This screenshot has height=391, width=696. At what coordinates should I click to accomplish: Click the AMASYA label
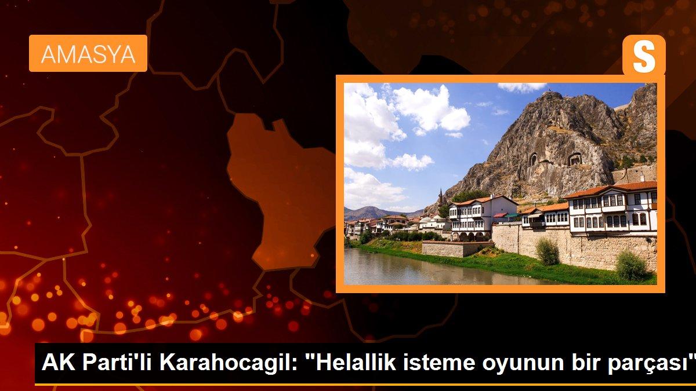click(x=88, y=54)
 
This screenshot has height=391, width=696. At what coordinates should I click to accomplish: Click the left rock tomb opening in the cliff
click(x=532, y=159)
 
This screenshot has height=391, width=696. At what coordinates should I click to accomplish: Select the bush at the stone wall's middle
click(x=547, y=251)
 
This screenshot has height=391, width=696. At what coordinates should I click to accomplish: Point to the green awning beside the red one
click(x=512, y=215)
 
